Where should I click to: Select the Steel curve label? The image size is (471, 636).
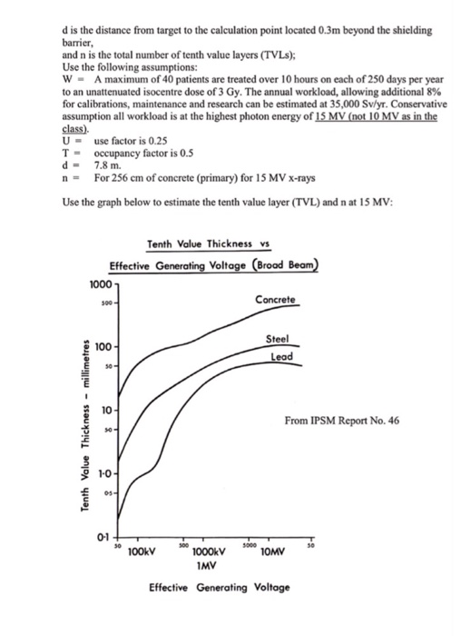[277, 339]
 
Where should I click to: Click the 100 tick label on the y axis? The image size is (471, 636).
[104, 348]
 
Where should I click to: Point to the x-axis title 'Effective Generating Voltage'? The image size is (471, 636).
[220, 588]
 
